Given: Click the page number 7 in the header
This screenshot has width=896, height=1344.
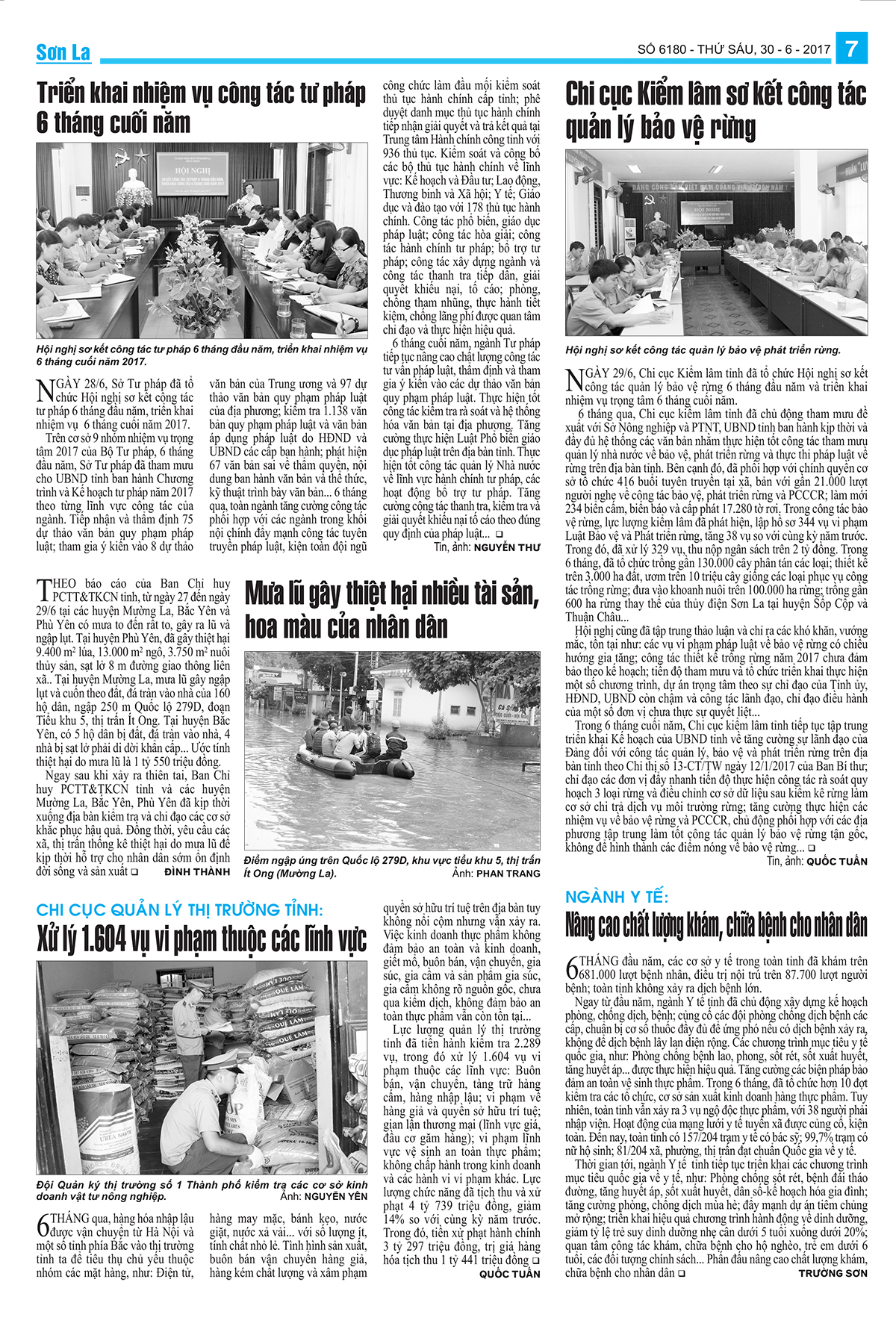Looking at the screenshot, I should (851, 49).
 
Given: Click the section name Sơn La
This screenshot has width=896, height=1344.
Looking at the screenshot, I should (63, 52).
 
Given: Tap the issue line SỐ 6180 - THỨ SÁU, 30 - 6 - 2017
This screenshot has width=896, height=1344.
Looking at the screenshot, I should (734, 50).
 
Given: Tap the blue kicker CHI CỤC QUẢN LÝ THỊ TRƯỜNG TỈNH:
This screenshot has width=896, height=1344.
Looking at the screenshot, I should (180, 909).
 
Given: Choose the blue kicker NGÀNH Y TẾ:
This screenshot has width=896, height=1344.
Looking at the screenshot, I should (617, 897).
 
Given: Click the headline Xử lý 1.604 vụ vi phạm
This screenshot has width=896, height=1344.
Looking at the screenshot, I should (202, 939).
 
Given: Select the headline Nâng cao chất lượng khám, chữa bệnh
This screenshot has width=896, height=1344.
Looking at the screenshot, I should (716, 926).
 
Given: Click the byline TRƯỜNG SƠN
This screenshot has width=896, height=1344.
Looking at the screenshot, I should (833, 1273).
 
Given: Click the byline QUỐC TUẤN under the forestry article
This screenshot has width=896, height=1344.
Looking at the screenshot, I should (837, 861).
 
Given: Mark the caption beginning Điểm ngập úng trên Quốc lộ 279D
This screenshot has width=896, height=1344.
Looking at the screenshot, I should (392, 866).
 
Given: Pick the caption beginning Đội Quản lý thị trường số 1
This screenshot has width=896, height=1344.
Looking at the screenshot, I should (202, 1190).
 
